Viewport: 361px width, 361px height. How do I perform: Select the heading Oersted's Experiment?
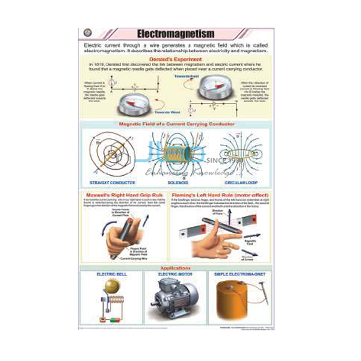click(179, 59)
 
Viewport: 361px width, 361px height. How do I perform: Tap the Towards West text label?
click(167, 112)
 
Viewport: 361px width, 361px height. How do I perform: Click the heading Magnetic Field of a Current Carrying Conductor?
click(177, 125)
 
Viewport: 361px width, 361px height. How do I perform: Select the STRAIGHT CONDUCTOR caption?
click(112, 181)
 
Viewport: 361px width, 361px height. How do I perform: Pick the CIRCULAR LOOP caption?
click(241, 181)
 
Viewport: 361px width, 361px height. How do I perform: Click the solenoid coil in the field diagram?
click(176, 153)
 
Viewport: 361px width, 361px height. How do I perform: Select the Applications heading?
click(177, 267)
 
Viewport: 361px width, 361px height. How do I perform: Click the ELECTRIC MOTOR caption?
click(175, 274)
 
